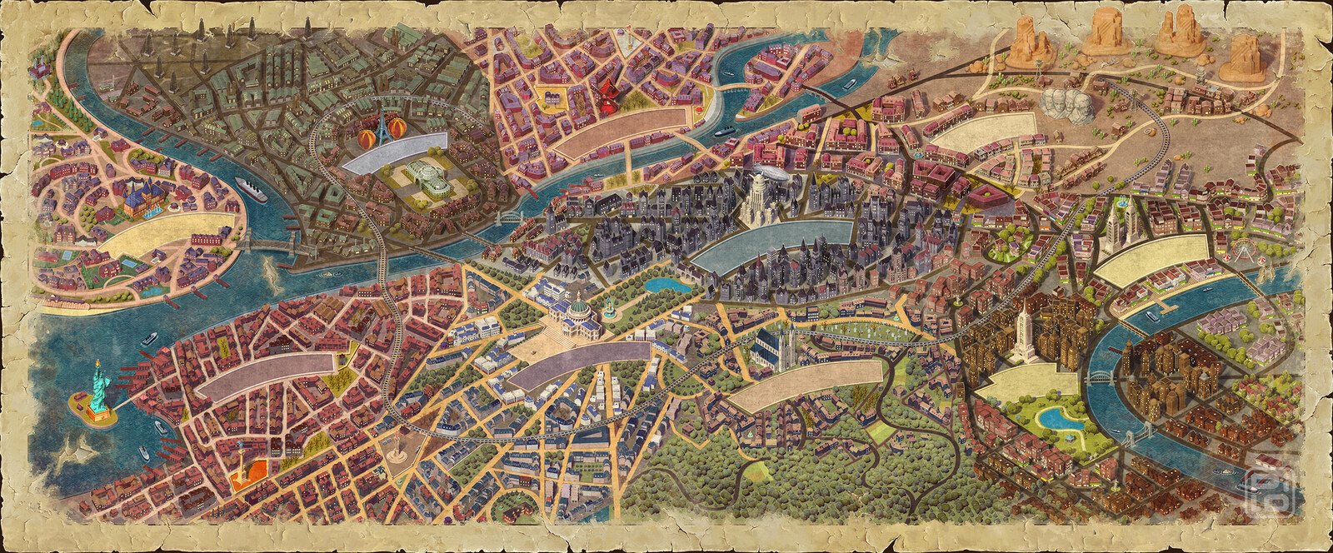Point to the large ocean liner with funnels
click(x=251, y=188)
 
